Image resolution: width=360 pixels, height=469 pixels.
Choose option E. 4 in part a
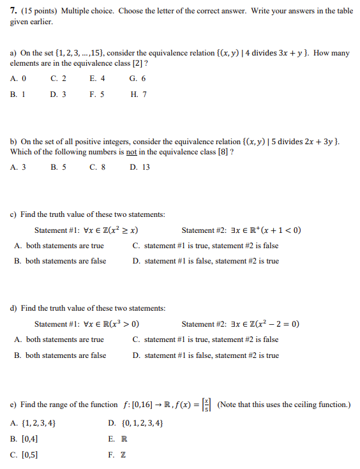point(98,78)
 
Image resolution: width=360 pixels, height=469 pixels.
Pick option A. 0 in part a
point(19,78)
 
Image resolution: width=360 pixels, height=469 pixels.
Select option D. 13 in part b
point(140,167)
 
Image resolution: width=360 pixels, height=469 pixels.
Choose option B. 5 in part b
point(58,167)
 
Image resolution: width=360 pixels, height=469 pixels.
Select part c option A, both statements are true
point(59,246)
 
